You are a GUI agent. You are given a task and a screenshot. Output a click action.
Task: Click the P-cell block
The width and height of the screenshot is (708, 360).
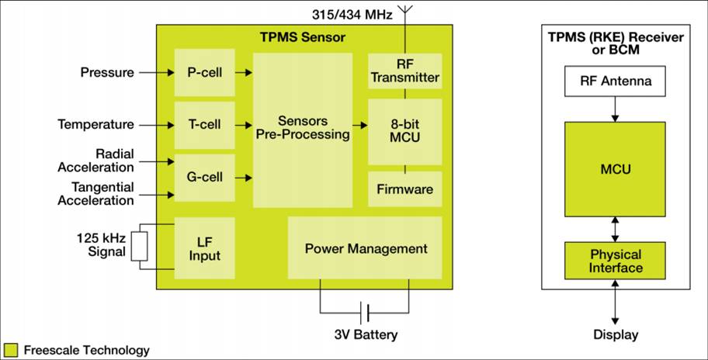205,72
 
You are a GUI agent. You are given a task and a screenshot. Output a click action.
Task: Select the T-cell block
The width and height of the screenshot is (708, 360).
205,124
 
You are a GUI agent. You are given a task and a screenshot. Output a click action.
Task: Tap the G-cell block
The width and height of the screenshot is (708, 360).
205,177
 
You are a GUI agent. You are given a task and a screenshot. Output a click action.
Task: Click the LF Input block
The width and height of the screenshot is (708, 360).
205,248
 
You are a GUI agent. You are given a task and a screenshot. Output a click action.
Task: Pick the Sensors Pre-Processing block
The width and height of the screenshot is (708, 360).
302,128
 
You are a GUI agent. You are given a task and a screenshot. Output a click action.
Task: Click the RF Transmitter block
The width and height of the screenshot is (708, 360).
404,70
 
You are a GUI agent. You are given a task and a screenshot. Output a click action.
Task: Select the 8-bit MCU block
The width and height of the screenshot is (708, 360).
404,131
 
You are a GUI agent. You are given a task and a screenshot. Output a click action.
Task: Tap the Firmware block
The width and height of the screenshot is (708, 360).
404,189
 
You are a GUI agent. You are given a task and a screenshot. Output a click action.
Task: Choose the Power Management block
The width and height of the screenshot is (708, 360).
365,248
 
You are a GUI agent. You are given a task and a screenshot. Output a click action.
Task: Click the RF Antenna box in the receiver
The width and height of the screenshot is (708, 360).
616,81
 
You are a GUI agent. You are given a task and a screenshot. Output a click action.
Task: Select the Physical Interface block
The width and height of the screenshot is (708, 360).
616,261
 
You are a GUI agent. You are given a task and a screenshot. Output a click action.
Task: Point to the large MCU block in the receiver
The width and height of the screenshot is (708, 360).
616,169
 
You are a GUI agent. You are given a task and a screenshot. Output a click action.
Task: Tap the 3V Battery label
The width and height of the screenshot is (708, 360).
366,335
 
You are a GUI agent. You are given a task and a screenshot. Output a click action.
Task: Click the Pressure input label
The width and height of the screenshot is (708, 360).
107,73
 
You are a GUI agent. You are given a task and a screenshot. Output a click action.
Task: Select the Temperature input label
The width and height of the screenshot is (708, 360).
95,124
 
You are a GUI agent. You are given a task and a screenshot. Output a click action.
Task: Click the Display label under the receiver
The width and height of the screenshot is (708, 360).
616,335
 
